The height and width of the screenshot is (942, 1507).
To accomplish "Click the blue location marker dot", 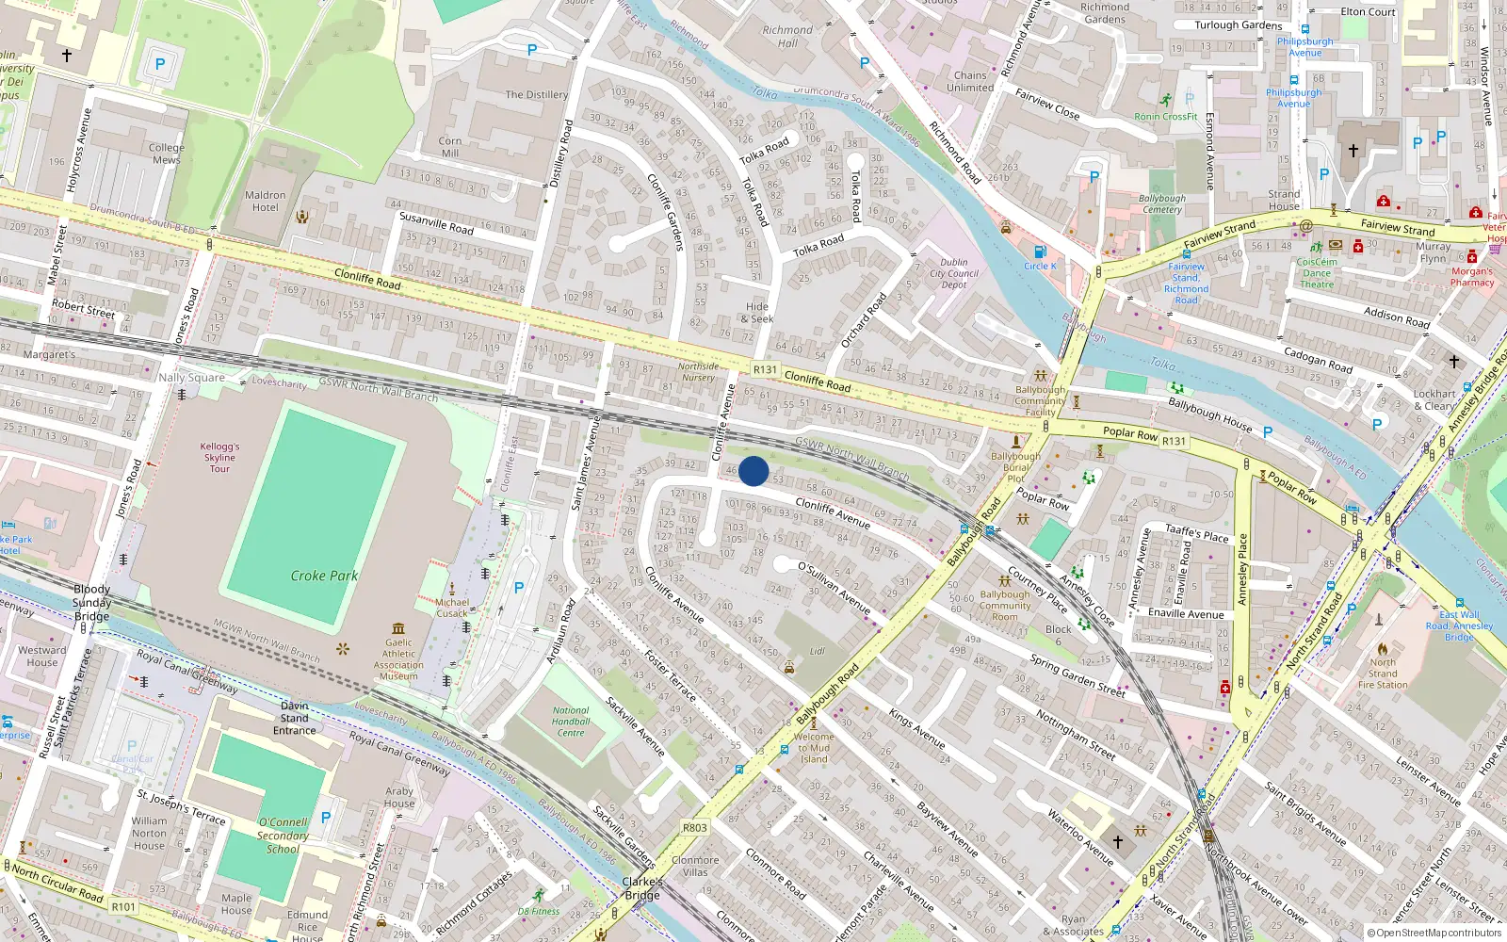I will click(x=753, y=471).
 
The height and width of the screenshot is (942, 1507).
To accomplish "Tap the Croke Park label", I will click(x=324, y=576).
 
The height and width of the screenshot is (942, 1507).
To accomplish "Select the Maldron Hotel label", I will click(x=265, y=202).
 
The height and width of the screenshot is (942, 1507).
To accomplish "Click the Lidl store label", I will click(x=818, y=651).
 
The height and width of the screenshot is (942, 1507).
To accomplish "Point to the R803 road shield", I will click(x=694, y=828).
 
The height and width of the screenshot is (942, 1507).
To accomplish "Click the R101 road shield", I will click(x=123, y=907).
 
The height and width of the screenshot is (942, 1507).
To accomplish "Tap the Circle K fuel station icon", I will click(x=1040, y=252).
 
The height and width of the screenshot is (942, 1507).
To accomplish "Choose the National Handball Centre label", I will click(x=571, y=722).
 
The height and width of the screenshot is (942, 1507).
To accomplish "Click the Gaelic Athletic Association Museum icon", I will click(x=398, y=627).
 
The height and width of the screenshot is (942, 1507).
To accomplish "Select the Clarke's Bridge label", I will click(x=642, y=888).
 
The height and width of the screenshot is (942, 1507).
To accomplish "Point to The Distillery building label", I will click(x=537, y=94).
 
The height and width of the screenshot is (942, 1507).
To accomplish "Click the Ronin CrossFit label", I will click(x=1166, y=117).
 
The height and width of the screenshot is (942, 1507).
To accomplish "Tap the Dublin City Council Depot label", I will click(x=954, y=273).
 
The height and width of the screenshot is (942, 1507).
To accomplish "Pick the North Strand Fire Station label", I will click(x=1383, y=674).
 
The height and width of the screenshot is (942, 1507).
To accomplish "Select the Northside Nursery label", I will click(x=698, y=372).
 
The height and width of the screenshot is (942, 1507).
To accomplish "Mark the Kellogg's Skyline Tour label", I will click(x=219, y=457).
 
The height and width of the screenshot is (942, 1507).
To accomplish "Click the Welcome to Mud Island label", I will click(x=814, y=748).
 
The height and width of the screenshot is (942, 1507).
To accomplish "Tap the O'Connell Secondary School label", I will click(x=283, y=836).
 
